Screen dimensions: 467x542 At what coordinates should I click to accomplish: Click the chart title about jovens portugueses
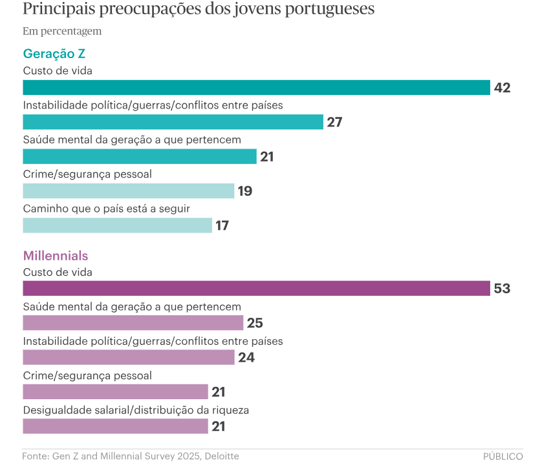coord(199,10)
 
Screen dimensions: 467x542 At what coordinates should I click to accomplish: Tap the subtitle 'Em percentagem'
coord(62,31)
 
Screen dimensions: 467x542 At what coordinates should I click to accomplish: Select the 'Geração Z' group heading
coord(54,54)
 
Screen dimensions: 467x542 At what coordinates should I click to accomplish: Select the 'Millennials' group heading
coord(56,256)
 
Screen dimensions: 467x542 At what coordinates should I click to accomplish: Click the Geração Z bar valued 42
coord(256,88)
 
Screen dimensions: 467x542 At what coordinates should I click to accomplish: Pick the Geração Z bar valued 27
coord(173,122)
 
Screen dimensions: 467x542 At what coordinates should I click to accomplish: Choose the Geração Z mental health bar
coord(140,156)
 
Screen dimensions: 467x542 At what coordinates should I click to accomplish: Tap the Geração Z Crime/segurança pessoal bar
coord(128,191)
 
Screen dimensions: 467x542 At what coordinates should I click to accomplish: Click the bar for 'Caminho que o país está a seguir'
coord(117,225)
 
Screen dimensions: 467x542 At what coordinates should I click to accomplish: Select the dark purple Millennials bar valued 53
coord(256,289)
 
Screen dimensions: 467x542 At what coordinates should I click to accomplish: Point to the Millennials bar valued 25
coord(133,323)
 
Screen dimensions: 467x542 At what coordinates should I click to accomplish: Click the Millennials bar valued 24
coord(128,357)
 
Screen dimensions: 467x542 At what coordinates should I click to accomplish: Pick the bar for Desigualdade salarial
coord(115,426)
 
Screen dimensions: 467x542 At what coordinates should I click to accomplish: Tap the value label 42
coord(502,88)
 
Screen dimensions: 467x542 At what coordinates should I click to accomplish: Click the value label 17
coord(223,225)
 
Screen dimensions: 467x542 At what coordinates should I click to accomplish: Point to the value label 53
coord(502,289)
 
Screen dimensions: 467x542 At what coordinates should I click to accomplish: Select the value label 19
coord(244,191)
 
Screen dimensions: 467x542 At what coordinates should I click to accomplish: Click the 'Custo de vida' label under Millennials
coord(58,273)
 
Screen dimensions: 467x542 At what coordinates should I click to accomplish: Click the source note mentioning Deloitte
coord(131,456)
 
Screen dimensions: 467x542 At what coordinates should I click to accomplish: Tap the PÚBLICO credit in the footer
coord(503,456)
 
